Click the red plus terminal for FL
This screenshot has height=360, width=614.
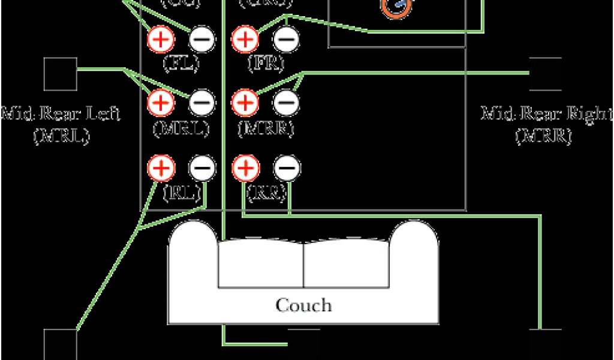click(x=161, y=40)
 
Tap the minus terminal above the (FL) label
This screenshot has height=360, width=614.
click(x=202, y=40)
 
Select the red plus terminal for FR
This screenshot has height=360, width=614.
click(x=244, y=40)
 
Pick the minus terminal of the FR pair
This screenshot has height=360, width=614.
click(x=285, y=40)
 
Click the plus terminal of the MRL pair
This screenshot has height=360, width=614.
click(x=161, y=103)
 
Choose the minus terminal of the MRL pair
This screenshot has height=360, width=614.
click(x=202, y=103)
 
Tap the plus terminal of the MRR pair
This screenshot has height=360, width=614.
click(x=244, y=103)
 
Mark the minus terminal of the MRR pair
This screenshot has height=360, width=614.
click(x=285, y=103)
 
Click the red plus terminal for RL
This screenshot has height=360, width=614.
click(x=161, y=168)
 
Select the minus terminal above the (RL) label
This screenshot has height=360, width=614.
click(x=202, y=168)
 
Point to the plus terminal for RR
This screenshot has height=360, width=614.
click(x=244, y=168)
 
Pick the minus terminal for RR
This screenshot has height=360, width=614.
click(x=285, y=168)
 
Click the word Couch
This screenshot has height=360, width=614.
click(x=303, y=305)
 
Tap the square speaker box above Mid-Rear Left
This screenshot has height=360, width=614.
click(x=61, y=74)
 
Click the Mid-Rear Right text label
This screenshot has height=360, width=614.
click(x=546, y=113)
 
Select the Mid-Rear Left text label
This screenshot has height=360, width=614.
click(x=61, y=113)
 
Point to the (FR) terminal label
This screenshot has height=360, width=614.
click(x=264, y=63)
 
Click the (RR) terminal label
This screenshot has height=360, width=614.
click(x=264, y=193)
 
